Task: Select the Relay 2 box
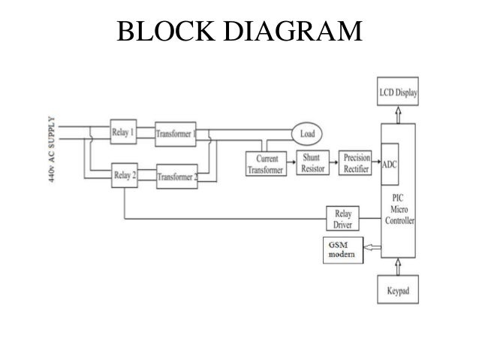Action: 124,177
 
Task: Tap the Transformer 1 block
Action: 176,133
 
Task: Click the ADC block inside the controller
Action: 390,163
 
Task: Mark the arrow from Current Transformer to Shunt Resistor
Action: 291,160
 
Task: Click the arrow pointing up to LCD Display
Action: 397,113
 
